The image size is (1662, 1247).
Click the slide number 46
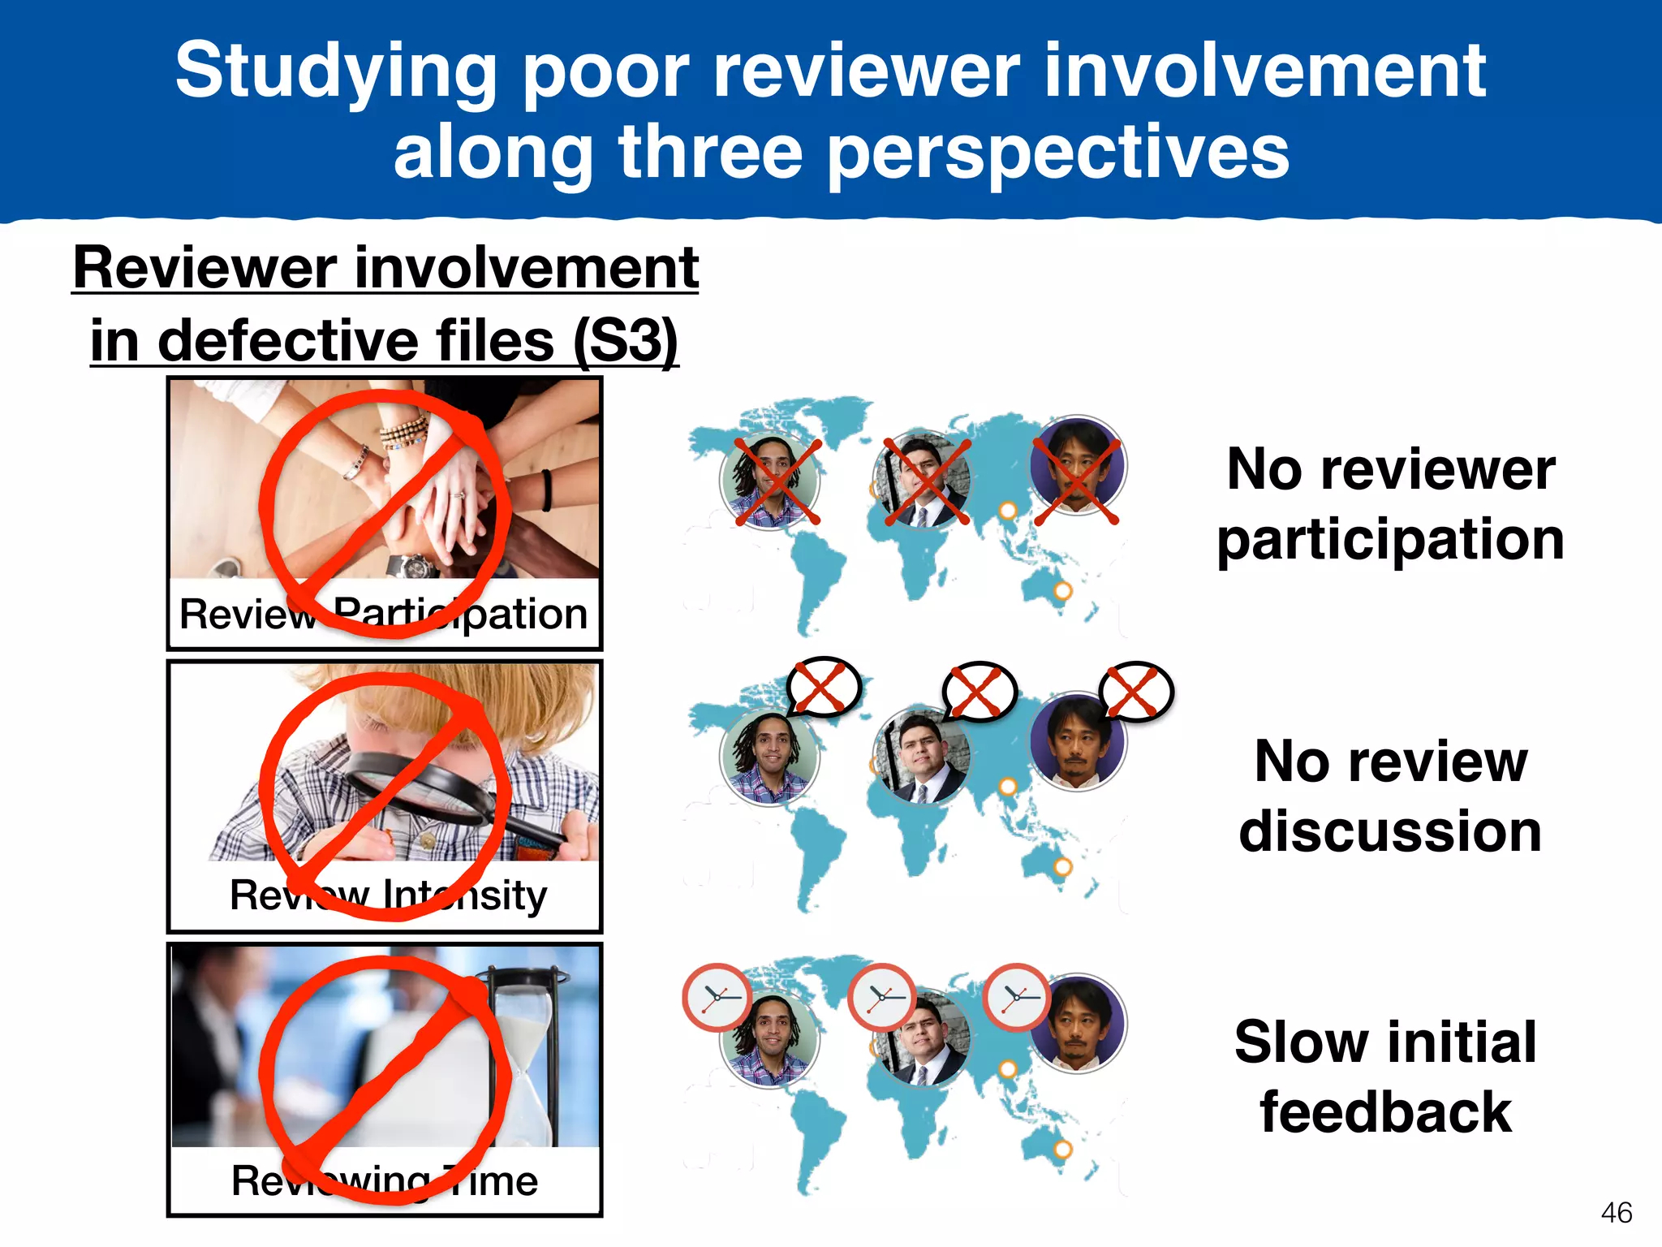1617,1212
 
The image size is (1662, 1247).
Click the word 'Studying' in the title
335,73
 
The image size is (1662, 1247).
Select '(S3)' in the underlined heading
625,341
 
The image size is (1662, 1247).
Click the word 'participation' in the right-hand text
1390,541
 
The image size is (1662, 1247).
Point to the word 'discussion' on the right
1390,831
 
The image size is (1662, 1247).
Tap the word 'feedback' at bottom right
1386,1112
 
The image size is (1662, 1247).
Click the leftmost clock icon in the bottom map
717,998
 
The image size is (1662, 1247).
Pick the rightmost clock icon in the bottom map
1017,997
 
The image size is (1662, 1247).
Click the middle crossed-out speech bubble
979,692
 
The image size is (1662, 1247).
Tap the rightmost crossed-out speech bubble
1135,692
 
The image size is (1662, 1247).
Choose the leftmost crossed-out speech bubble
823,687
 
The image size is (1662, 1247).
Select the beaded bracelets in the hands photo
403,430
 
